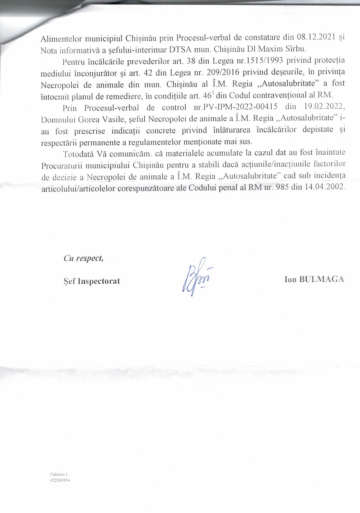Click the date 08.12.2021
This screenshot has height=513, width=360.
point(317,37)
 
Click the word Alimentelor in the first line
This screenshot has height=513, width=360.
point(61,39)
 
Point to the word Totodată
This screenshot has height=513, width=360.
point(78,154)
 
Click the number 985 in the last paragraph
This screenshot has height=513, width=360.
point(282,188)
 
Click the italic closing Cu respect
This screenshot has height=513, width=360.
point(83,258)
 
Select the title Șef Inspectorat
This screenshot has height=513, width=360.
point(92,281)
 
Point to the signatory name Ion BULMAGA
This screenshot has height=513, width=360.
point(314,279)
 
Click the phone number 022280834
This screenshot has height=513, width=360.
point(60,480)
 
